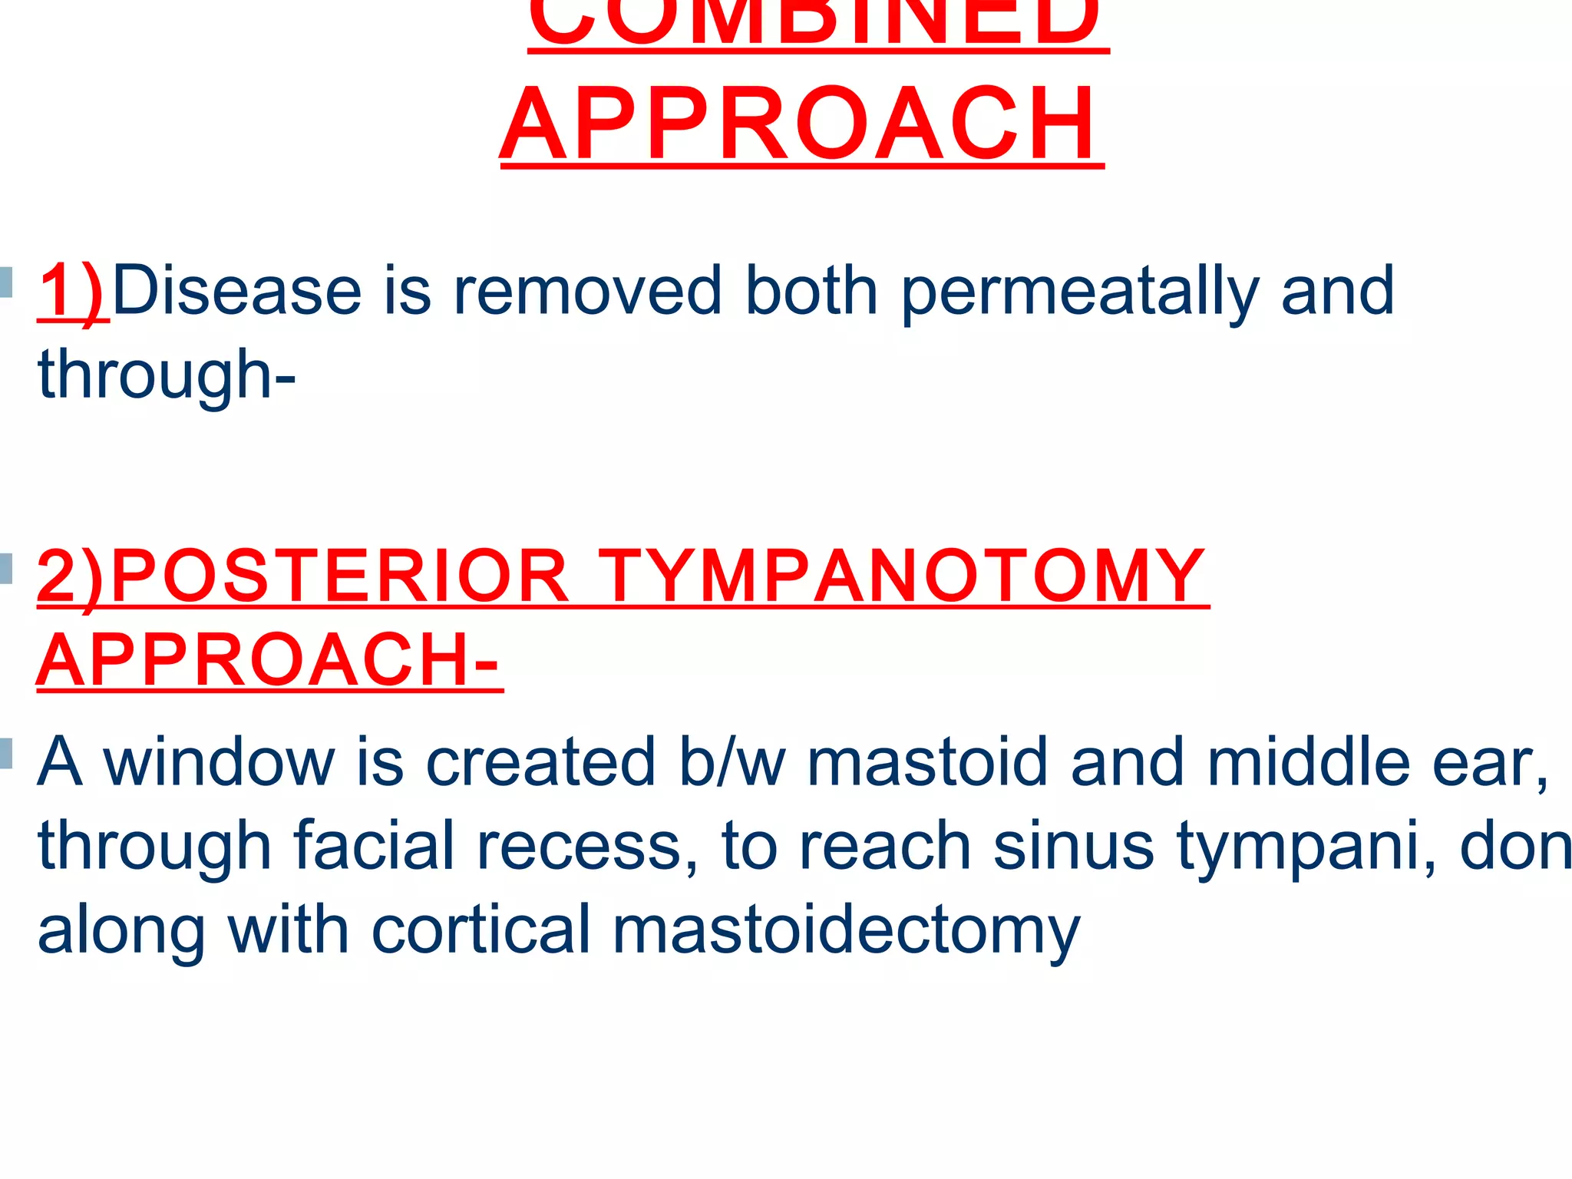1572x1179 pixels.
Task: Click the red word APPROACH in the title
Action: click(801, 124)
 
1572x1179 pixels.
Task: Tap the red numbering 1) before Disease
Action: click(72, 291)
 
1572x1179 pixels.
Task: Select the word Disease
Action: click(236, 291)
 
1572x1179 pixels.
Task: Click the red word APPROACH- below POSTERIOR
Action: click(269, 660)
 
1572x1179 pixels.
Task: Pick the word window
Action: click(220, 762)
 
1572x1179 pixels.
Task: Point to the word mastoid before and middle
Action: click(926, 762)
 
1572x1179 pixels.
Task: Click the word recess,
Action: click(587, 846)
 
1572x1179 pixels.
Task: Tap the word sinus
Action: click(1074, 846)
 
